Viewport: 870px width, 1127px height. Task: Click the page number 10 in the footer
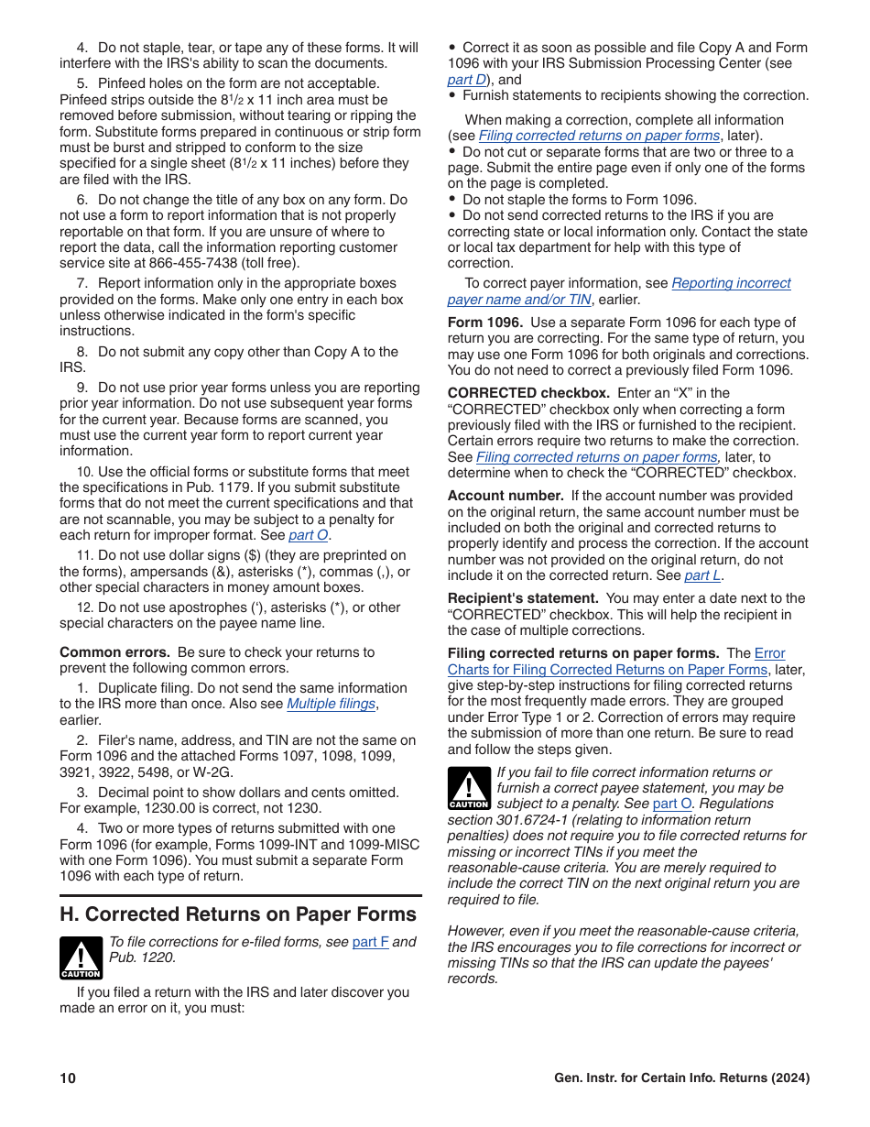click(68, 1078)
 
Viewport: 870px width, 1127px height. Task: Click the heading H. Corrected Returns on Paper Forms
click(238, 914)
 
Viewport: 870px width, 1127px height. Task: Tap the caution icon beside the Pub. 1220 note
click(81, 957)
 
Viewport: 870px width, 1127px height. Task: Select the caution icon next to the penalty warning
click(469, 788)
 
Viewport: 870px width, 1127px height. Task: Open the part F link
click(370, 942)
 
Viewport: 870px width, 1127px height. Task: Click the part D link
click(466, 80)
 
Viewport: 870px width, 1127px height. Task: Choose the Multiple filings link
click(331, 704)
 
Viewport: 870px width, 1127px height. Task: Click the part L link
click(702, 575)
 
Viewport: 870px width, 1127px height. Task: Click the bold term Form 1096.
click(484, 323)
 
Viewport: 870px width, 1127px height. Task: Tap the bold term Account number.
click(506, 496)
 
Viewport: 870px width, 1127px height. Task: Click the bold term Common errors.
click(114, 652)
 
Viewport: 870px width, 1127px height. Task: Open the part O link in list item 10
click(308, 535)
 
